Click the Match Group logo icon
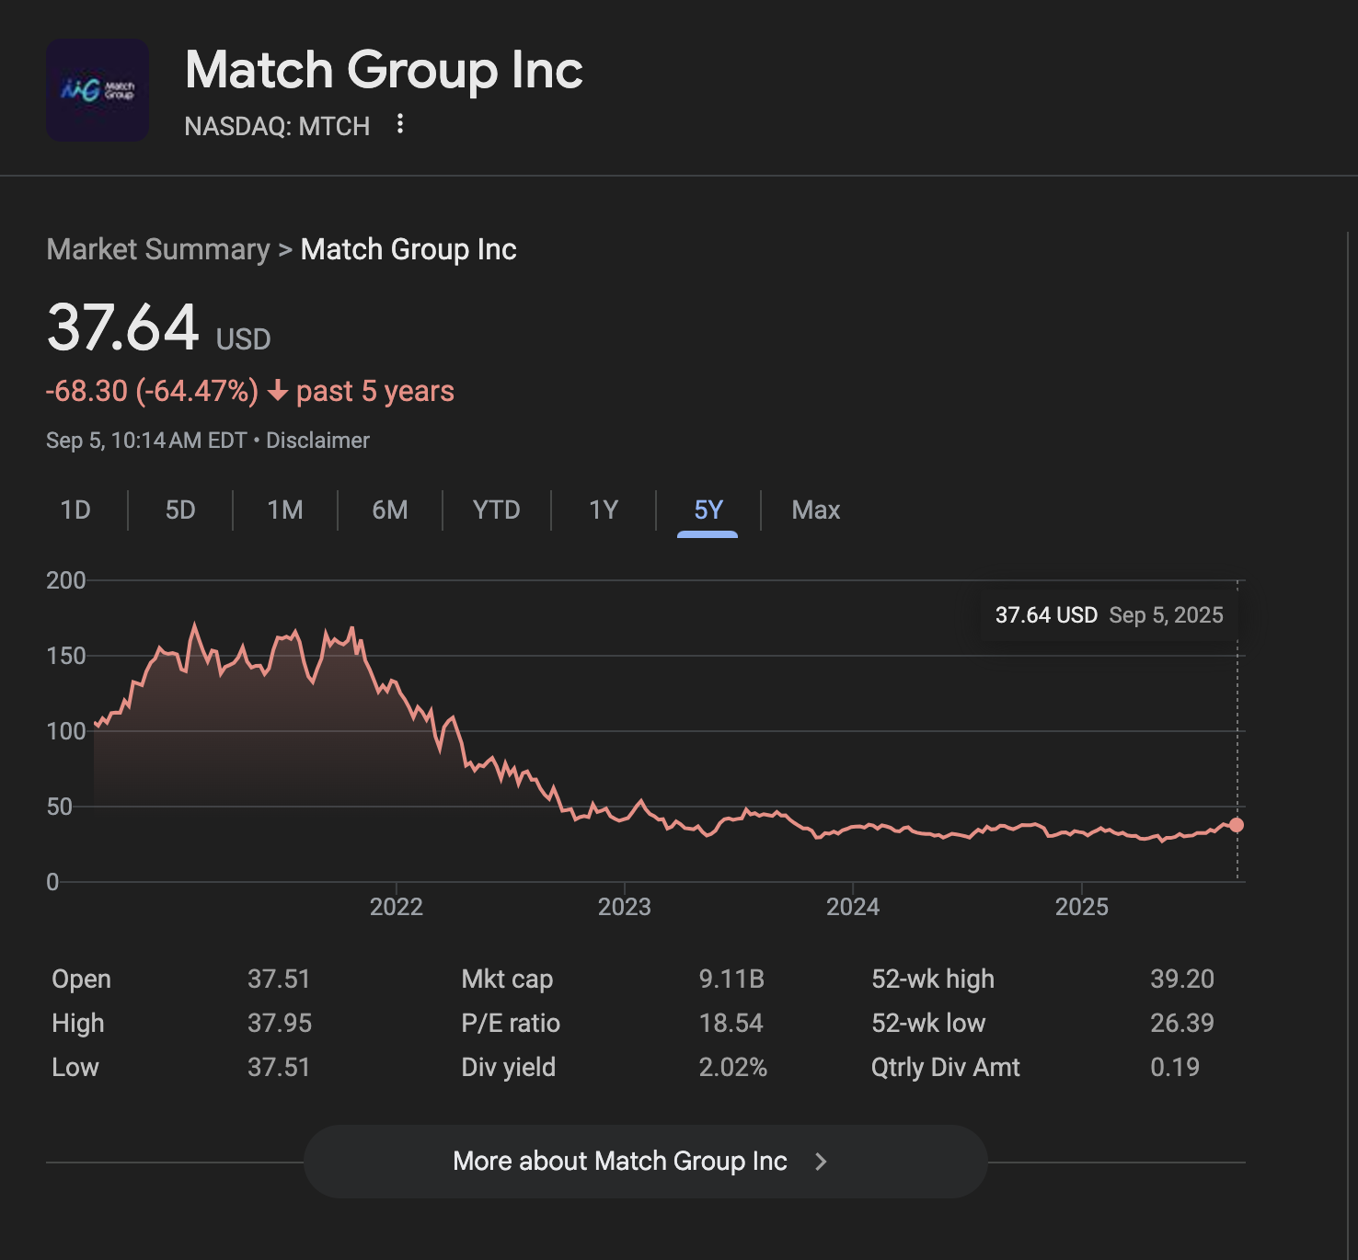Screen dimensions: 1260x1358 [98, 90]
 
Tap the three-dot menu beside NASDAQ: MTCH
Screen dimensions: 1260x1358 [400, 124]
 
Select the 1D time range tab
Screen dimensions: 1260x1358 [75, 510]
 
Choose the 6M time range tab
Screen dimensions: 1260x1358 [390, 510]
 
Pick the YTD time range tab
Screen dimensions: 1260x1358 [496, 510]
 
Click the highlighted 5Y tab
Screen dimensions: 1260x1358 [708, 510]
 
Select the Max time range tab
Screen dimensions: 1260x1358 [815, 510]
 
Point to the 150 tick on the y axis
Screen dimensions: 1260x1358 [65, 656]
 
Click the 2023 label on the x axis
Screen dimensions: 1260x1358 [624, 907]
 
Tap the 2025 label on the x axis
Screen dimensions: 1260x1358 [1081, 907]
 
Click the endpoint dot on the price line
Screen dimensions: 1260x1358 [1237, 825]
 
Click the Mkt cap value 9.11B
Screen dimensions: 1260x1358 [731, 979]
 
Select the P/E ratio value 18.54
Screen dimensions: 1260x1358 [731, 1023]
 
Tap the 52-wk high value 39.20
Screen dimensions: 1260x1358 [1181, 979]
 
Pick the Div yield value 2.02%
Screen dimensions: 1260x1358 [732, 1067]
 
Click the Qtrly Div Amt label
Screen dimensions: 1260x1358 [945, 1067]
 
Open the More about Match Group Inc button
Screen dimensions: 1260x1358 [645, 1161]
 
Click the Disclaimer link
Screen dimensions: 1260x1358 [317, 441]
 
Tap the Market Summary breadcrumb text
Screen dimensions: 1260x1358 [158, 249]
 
